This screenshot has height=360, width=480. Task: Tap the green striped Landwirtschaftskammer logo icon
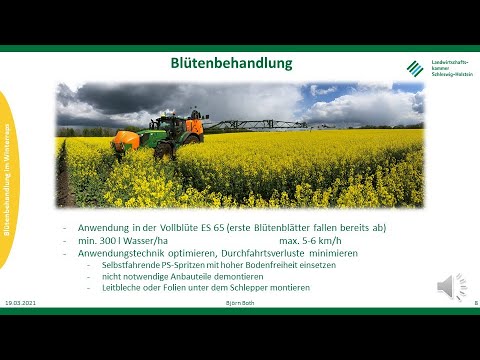click(415, 68)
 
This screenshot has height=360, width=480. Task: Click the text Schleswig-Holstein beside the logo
click(451, 74)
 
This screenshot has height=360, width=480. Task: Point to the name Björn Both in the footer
click(241, 302)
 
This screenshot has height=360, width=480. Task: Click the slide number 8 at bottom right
click(475, 302)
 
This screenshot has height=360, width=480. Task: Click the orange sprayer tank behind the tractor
click(126, 140)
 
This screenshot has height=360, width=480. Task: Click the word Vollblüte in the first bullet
click(176, 228)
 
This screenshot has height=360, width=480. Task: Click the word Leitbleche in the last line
click(121, 288)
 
